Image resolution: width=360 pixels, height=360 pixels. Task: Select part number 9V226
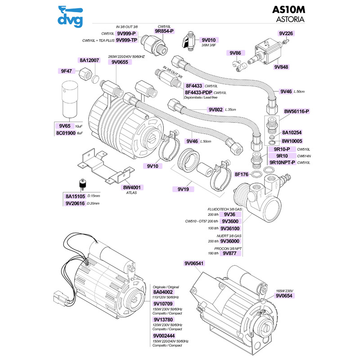coord(286,33)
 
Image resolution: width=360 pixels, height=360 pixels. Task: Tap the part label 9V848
coord(281,67)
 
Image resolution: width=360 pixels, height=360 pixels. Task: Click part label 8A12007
coord(89,60)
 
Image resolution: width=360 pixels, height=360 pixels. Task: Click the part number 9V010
coord(209,40)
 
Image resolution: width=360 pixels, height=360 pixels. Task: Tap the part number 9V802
coord(216,109)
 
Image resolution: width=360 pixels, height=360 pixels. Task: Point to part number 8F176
coord(242,174)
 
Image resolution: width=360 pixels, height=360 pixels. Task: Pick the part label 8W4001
coord(132,187)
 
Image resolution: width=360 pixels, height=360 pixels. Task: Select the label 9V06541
coord(194,263)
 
